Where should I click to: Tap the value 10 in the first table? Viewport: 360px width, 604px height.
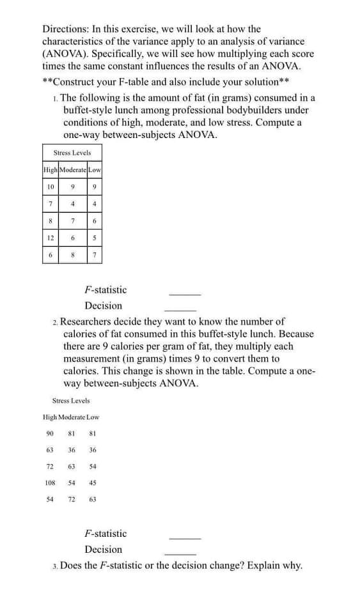[49, 186]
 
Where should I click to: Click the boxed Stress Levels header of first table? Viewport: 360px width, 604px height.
[72, 153]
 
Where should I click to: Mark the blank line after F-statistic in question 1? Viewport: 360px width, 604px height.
[185, 293]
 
